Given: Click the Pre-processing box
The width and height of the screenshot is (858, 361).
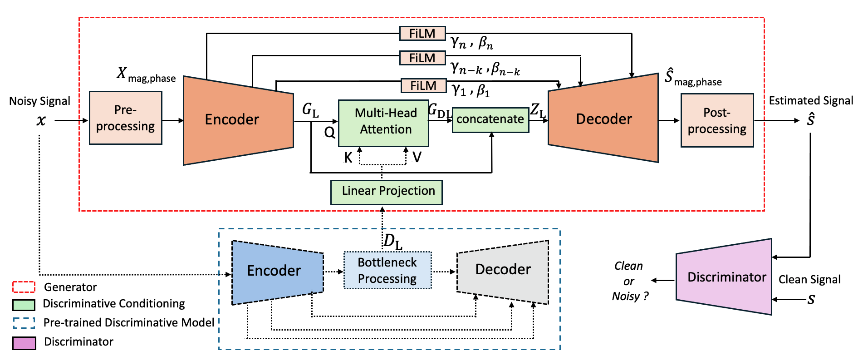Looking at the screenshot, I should click(126, 118).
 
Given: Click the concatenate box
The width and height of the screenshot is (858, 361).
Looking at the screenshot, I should click(490, 120).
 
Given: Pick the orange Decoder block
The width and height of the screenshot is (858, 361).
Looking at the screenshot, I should click(603, 119).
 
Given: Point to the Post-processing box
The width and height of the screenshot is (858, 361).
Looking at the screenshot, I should click(717, 120).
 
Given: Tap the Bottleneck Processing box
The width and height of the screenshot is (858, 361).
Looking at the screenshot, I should click(387, 271).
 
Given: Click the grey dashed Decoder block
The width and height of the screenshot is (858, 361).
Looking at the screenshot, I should click(503, 271).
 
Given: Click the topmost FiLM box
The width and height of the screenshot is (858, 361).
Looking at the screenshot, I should click(422, 34).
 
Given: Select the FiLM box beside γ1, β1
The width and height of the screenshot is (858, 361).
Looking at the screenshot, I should click(423, 86).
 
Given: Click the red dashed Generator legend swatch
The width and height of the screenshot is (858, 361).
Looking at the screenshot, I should click(24, 287).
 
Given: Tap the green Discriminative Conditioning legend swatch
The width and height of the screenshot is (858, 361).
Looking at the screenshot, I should click(24, 304).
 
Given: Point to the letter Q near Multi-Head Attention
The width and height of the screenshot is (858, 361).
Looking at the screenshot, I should click(329, 133).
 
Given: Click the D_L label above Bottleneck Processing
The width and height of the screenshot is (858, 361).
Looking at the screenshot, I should click(392, 242).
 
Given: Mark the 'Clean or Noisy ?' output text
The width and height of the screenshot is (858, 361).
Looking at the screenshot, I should click(629, 281).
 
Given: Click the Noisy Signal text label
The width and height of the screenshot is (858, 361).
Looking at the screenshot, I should click(39, 101).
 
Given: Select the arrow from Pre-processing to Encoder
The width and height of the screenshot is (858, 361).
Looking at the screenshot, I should click(172, 120).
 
